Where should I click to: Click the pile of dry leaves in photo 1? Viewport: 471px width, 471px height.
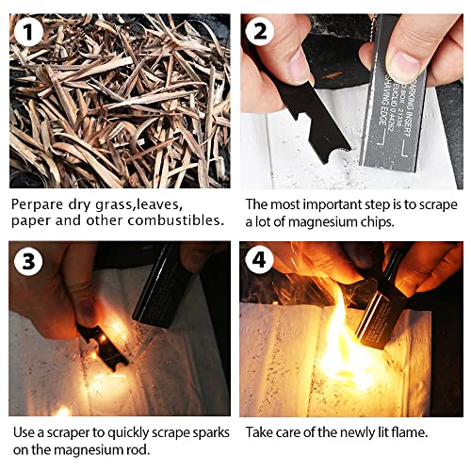118,104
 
